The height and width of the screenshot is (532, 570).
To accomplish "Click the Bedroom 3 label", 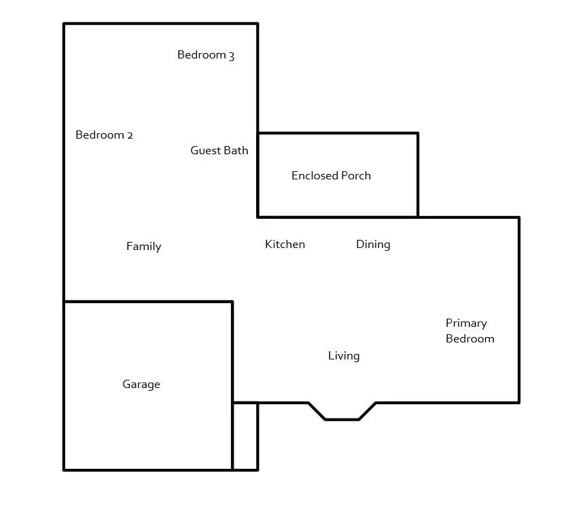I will tap(205, 55).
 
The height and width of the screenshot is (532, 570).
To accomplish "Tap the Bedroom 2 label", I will tap(104, 135).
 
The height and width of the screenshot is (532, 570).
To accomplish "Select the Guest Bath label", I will tap(219, 151).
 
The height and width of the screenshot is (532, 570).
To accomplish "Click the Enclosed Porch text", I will tap(331, 176).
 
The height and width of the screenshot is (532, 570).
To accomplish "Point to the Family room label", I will tap(143, 247).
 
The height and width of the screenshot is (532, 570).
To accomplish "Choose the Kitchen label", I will tap(285, 245).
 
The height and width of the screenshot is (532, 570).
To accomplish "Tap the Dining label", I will tap(373, 245).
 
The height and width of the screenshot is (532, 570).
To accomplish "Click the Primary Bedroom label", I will tap(469, 331).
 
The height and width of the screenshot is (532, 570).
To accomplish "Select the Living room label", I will tap(344, 356).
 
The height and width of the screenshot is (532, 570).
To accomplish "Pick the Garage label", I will tap(141, 385).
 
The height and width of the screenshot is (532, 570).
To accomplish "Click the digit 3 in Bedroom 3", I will tap(231, 56).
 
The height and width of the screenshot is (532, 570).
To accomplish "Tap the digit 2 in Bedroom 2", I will tap(130, 135).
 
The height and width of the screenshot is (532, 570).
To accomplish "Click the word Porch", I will tap(355, 176).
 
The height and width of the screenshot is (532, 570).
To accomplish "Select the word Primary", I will tap(466, 323).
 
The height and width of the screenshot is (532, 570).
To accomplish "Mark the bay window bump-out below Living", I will tap(342, 411).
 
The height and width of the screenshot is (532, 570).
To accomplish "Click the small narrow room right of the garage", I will tap(245, 436).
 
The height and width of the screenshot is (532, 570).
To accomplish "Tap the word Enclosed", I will tap(314, 176).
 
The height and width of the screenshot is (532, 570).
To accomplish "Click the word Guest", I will tap(205, 151).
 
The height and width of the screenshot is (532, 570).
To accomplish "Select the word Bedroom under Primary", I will tap(469, 339).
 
